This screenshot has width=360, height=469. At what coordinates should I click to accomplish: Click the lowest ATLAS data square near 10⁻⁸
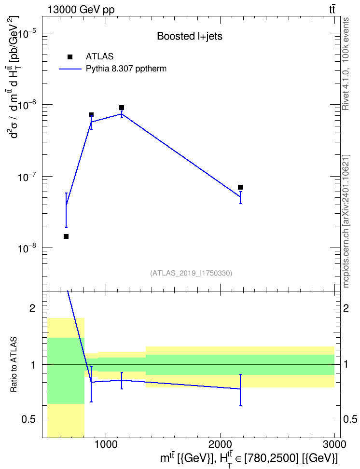[x=66, y=236]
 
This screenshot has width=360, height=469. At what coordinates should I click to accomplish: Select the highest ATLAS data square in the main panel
[x=122, y=108]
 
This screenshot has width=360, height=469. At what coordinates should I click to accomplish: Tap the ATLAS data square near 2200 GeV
[x=240, y=187]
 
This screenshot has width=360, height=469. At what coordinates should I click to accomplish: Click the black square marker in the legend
[x=69, y=57]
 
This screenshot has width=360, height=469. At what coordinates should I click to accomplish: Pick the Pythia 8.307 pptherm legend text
[x=126, y=69]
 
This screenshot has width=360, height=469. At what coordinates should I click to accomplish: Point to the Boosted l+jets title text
[x=190, y=36]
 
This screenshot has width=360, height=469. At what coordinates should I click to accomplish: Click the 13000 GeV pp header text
[x=81, y=10]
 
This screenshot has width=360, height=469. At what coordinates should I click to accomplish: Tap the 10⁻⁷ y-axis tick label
[x=28, y=177]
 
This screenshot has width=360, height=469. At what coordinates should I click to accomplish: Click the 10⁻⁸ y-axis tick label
[x=28, y=249]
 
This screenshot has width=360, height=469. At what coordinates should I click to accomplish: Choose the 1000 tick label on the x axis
[x=106, y=444]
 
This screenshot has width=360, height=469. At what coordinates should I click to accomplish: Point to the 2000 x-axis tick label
[x=220, y=444]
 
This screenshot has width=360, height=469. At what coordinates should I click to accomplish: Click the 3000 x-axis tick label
[x=334, y=444]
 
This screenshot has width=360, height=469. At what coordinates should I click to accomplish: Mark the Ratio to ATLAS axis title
[x=14, y=364]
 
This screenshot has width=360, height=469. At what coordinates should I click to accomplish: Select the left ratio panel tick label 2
[x=32, y=308]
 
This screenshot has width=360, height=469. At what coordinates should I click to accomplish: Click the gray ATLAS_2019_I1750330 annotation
[x=191, y=273]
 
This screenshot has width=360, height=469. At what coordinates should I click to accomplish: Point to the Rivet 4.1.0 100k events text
[x=346, y=64]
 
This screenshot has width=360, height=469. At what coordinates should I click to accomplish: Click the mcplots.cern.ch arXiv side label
[x=346, y=221]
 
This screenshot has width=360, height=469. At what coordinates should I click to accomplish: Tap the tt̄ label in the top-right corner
[x=332, y=10]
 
